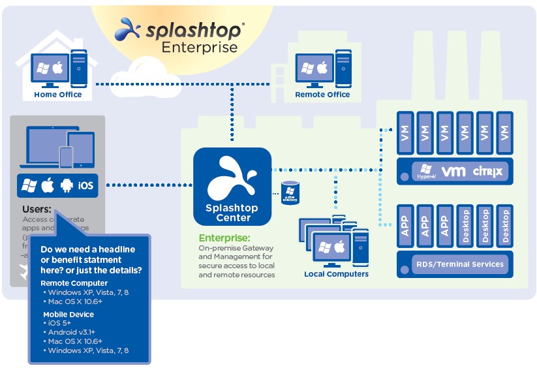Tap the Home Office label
coord(58,95)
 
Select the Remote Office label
coord(322,95)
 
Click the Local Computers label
coord(336,274)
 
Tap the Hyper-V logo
coord(427,172)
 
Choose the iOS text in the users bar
coord(85,186)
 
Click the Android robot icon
coord(65,186)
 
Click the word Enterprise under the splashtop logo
coord(200,47)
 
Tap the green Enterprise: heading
coord(224,238)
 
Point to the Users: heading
coord(37,209)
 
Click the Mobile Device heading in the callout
coord(69,314)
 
